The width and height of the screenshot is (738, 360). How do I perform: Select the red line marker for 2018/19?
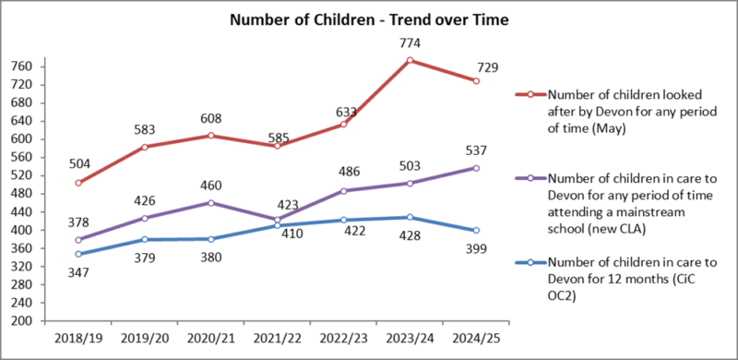(x=78, y=183)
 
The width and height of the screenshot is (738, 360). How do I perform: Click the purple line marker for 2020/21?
(x=211, y=202)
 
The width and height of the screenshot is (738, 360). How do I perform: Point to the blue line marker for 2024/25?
(x=476, y=231)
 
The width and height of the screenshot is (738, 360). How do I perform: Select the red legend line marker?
(x=530, y=94)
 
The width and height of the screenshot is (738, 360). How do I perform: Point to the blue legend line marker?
(x=530, y=263)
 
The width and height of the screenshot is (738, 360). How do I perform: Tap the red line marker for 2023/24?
(x=410, y=61)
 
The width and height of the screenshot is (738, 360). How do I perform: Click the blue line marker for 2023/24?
(x=410, y=218)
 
